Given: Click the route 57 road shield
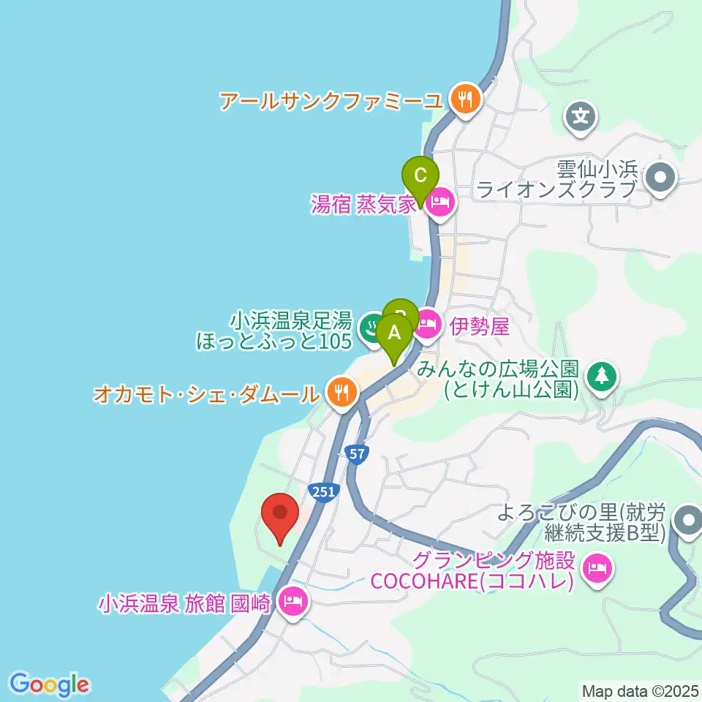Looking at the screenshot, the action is (x=356, y=454).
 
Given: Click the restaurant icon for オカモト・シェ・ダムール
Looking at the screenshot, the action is (x=341, y=393).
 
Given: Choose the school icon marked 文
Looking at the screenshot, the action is (x=581, y=116).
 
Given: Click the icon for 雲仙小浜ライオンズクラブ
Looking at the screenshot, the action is (x=661, y=178).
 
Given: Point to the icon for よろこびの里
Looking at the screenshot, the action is (x=687, y=521).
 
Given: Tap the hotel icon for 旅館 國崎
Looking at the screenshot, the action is (x=293, y=603).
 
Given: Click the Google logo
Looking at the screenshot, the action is (x=50, y=684).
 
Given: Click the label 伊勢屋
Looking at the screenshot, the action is (x=479, y=326).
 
